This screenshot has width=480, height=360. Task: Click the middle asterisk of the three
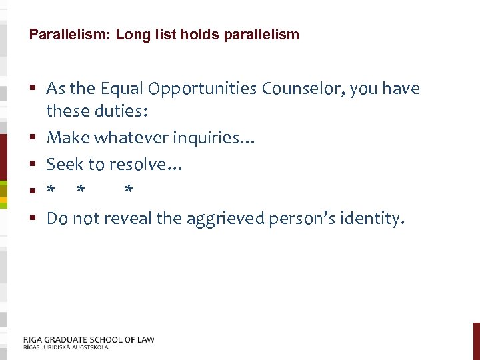(81, 190)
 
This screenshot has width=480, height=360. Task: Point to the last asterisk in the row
(129, 190)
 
